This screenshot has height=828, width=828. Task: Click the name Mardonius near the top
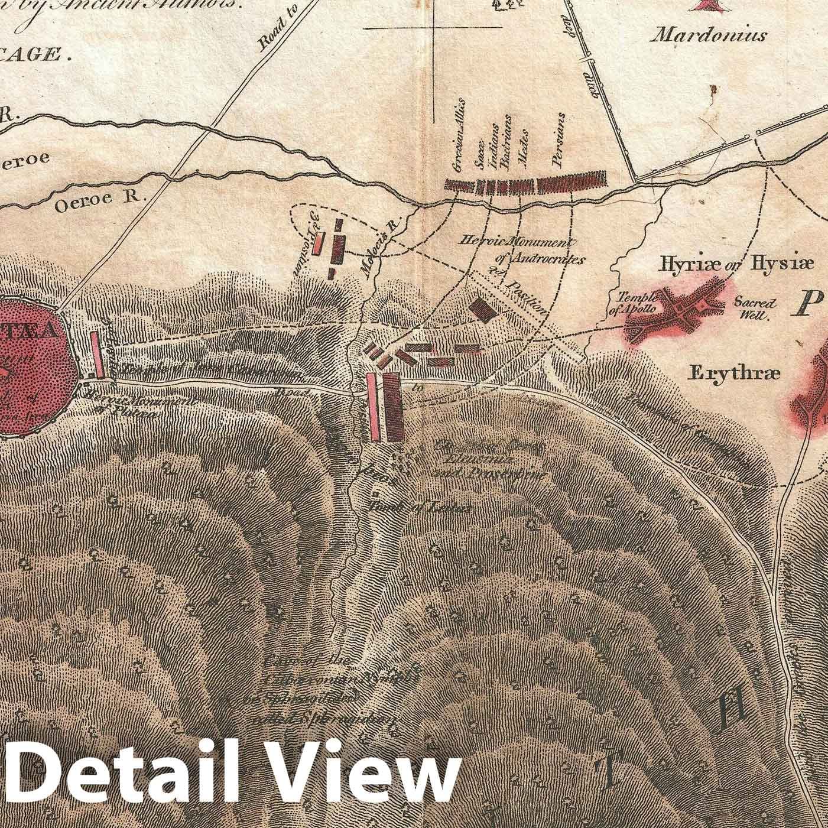pyautogui.click(x=709, y=35)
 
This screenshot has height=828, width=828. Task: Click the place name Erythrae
pyautogui.click(x=735, y=373)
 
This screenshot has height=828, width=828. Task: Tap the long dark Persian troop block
pyautogui.click(x=572, y=183)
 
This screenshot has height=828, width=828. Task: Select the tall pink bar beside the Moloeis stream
pyautogui.click(x=371, y=407)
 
